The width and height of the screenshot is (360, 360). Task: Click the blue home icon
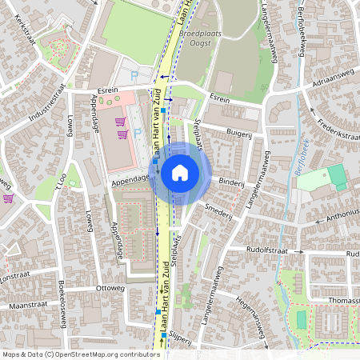pyautogui.click(x=180, y=173)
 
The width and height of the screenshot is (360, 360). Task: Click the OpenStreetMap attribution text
pyautogui.click(x=80, y=354)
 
